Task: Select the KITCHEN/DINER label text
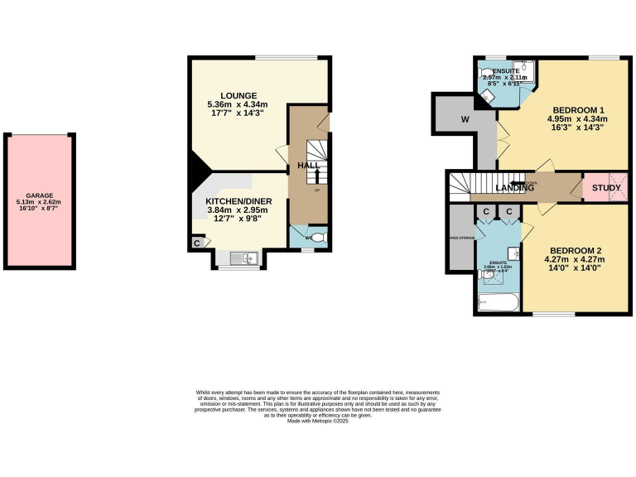[x=238, y=200]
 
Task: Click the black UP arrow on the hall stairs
[x=317, y=175]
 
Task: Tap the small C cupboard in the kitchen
[x=197, y=243]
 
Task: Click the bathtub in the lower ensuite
[x=498, y=302]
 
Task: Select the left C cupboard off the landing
[x=487, y=212]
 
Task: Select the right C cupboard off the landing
[x=508, y=212]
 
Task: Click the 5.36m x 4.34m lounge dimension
[x=238, y=105]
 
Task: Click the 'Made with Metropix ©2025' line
[x=318, y=422]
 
